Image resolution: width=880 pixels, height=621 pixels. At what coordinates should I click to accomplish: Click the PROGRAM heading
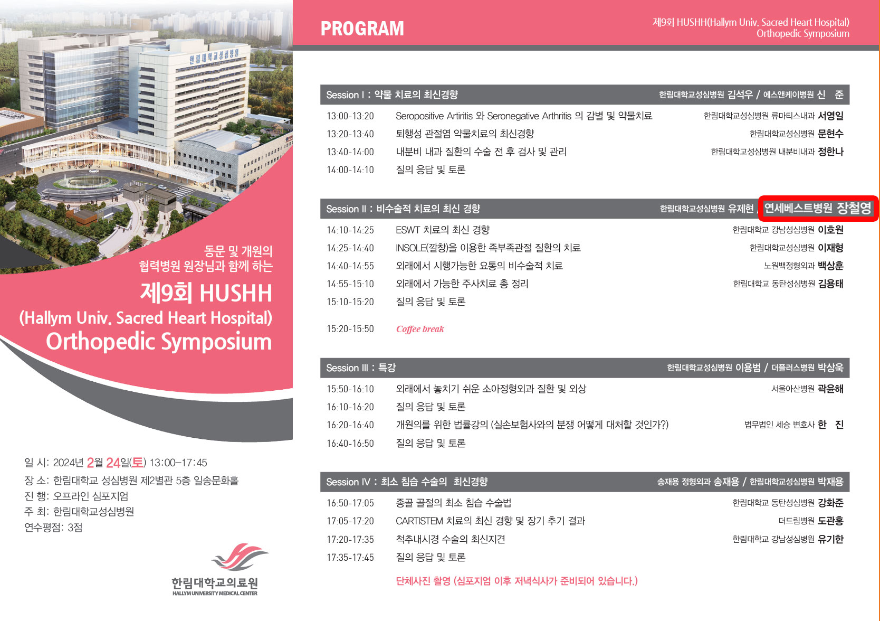362,29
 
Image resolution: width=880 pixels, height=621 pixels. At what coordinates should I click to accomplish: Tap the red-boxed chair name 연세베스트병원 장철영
818,208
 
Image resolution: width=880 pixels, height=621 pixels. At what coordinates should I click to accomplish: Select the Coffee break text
420,329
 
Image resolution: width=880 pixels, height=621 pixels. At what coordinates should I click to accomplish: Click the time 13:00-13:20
350,116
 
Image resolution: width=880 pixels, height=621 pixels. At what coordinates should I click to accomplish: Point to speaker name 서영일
830,116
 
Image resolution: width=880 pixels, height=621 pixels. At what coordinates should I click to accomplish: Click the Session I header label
392,95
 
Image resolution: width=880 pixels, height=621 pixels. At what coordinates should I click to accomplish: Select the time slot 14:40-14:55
350,266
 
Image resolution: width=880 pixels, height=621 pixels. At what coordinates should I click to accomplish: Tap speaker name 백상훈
830,266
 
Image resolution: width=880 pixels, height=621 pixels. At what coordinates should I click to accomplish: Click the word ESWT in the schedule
407,230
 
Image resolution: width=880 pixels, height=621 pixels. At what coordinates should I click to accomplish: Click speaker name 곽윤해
830,389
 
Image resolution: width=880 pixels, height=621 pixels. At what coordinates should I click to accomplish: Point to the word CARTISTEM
419,521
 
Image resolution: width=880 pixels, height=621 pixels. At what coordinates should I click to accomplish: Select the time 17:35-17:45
350,557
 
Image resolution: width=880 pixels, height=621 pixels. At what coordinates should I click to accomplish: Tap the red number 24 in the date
113,463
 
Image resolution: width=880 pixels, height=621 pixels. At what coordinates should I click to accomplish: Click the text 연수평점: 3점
53,528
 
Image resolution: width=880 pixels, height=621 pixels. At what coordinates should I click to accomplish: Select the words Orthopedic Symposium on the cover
159,341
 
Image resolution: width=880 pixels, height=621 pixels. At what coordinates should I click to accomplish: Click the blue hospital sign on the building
214,57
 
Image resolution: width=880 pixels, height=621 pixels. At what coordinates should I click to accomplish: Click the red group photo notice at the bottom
516,581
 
